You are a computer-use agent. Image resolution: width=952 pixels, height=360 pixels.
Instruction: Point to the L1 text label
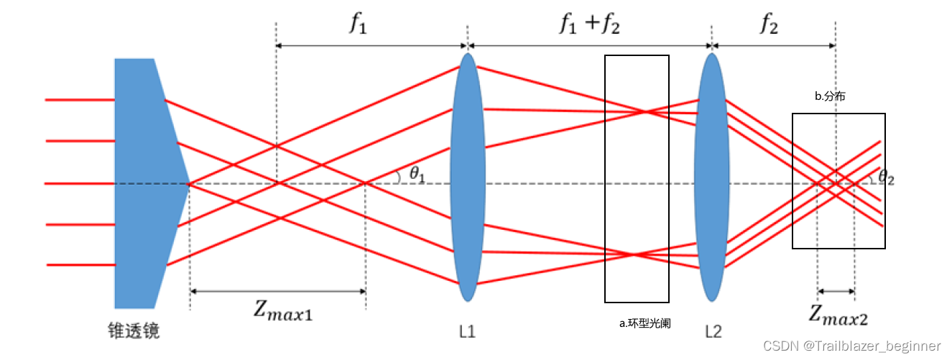coord(467,331)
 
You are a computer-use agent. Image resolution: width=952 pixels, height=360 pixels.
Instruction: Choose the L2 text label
coord(713,331)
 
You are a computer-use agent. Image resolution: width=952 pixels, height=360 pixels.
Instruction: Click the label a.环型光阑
coord(644,323)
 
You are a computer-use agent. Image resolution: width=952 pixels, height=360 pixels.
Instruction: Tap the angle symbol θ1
coord(415,174)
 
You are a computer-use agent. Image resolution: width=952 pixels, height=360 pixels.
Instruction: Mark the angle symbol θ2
coord(888,177)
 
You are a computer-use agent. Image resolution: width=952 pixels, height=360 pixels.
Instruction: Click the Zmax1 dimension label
coord(283,310)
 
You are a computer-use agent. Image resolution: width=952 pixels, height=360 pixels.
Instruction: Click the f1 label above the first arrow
coord(358,24)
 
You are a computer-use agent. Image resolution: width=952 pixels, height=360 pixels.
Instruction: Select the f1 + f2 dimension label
coord(589,24)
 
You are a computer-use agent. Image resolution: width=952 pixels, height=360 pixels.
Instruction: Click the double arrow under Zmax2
coord(836,292)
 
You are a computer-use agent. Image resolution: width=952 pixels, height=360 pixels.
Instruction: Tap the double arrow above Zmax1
coord(278,291)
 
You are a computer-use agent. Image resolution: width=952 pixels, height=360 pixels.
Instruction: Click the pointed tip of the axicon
coord(188,183)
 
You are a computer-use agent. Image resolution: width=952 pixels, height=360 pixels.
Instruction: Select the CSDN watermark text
coord(851,346)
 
